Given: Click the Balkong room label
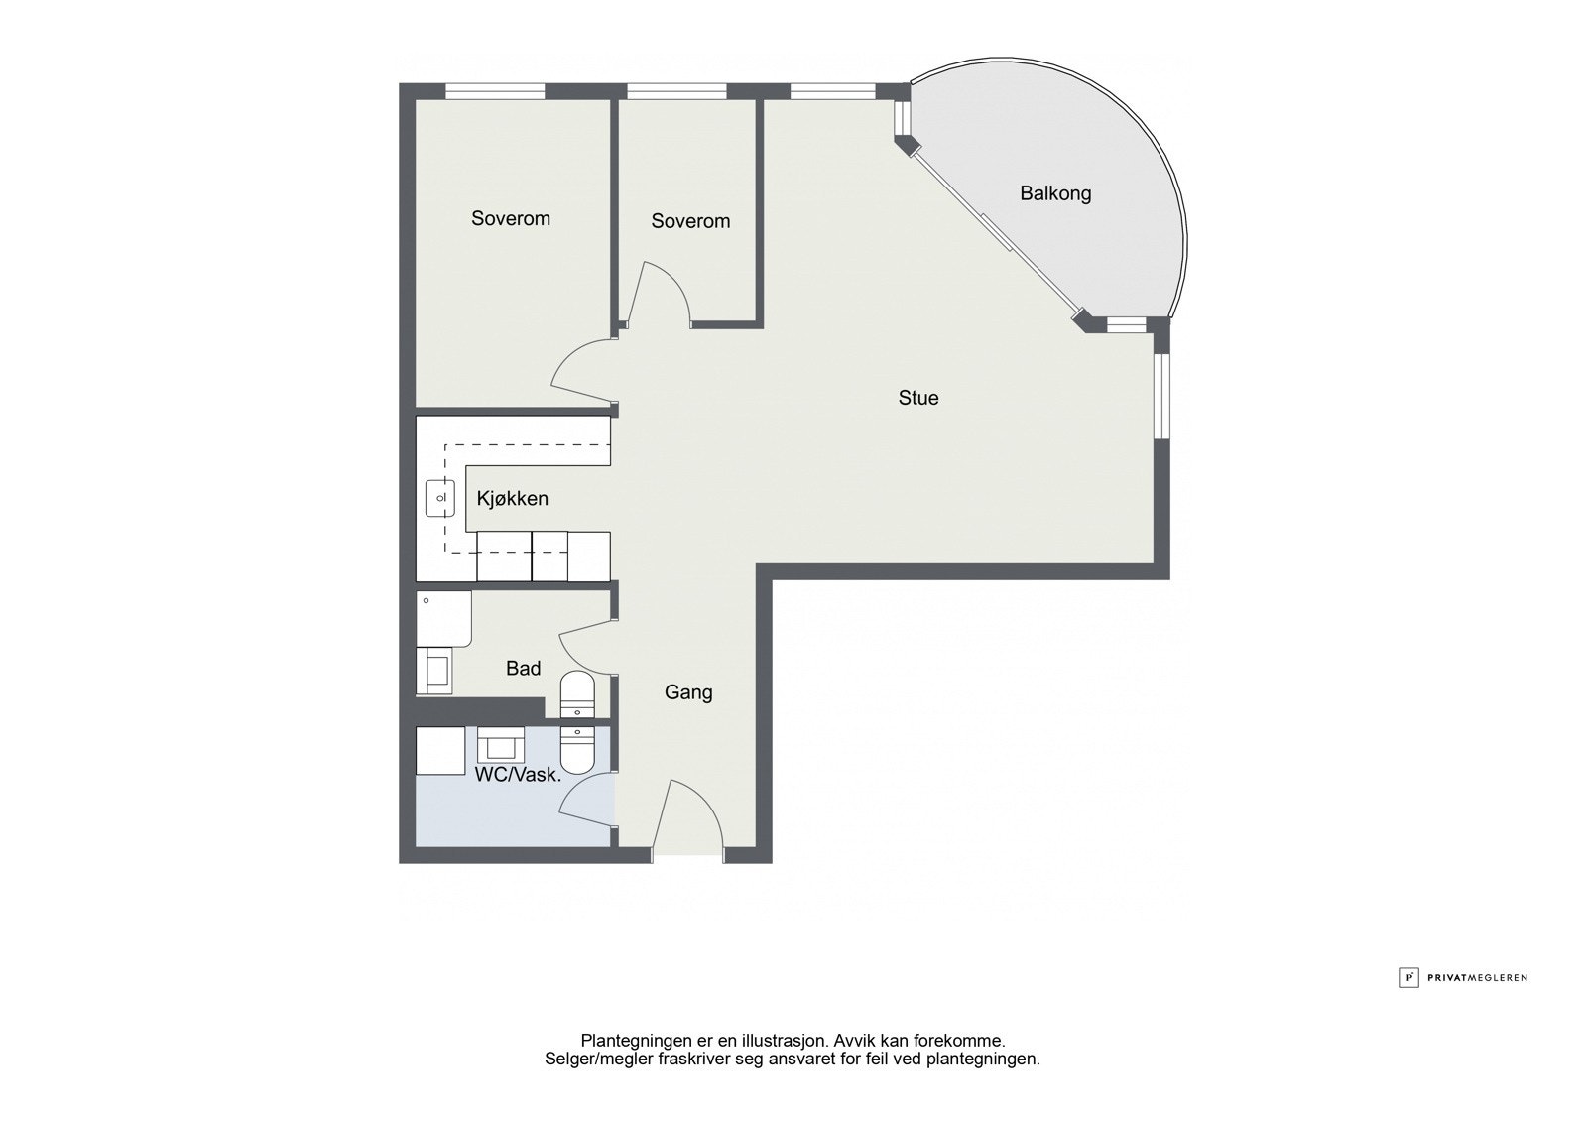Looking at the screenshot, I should click(x=1055, y=193).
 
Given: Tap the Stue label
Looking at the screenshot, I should click(x=918, y=398).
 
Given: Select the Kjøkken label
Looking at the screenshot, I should click(x=512, y=498).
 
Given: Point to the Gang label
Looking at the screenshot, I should click(x=688, y=692).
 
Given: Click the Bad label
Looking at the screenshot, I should click(x=523, y=669).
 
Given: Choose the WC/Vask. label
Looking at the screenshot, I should click(x=518, y=775).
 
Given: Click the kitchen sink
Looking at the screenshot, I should click(x=439, y=498).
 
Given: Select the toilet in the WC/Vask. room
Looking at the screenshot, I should click(x=576, y=748).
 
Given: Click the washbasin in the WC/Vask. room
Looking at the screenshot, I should click(x=501, y=743).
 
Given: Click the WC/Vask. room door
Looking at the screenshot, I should click(x=589, y=802).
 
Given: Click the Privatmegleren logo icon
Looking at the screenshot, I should click(x=1408, y=977).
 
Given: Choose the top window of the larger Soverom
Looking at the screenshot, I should click(x=495, y=92).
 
